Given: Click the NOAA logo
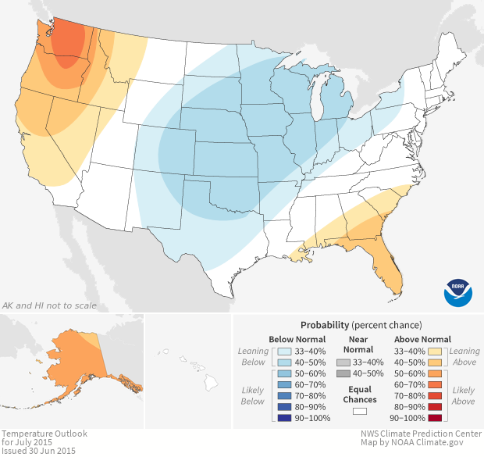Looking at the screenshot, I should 457,291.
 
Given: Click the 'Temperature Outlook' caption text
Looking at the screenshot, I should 44,433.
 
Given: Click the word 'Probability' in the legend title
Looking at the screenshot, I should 325,324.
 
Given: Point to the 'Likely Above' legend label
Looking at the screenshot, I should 464,395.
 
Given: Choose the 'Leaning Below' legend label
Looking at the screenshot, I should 253,356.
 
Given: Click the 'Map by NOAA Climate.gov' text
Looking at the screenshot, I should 418,442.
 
